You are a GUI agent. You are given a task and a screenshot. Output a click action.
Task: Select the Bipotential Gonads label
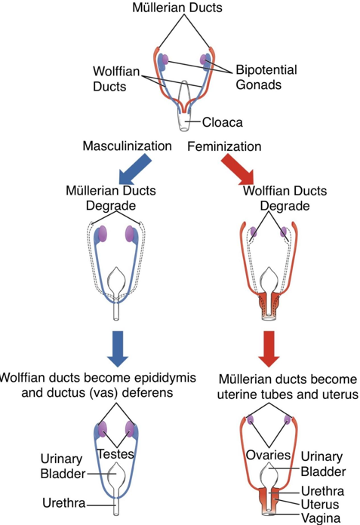point(266,77)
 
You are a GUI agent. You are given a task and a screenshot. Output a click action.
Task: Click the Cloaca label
point(223,120)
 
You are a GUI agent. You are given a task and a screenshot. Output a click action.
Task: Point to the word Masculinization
point(127,146)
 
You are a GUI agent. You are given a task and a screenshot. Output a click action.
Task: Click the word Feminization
point(224,146)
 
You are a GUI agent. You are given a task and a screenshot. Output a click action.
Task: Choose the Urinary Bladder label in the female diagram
point(322,464)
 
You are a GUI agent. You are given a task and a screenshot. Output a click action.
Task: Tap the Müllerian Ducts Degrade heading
point(111,198)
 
